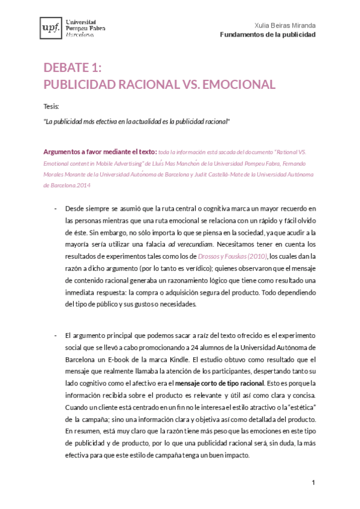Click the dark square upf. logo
pos(49,28)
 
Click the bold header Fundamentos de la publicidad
pos(268,35)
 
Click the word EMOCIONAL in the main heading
pos(239,84)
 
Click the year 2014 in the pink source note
pos(84,185)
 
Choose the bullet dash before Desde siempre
pos(55,209)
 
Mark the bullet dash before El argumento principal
pos(55,335)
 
